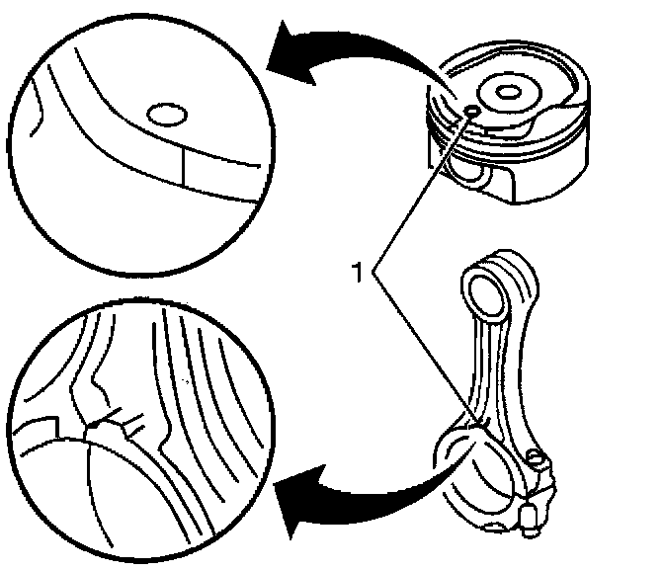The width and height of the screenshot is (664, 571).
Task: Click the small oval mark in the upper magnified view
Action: coord(164,116)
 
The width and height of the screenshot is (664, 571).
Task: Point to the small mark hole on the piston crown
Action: coord(472,110)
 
